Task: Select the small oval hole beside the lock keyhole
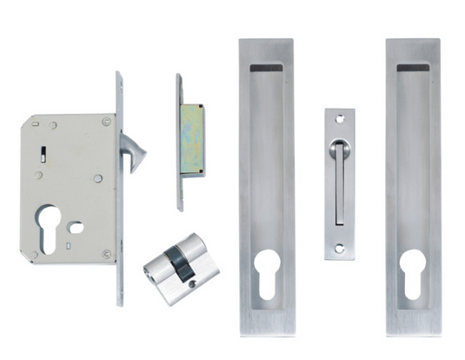(x=76, y=228)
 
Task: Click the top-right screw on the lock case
(x=106, y=121)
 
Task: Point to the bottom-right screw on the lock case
(x=106, y=254)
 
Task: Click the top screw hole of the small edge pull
(x=339, y=120)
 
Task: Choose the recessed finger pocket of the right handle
(x=414, y=165)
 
